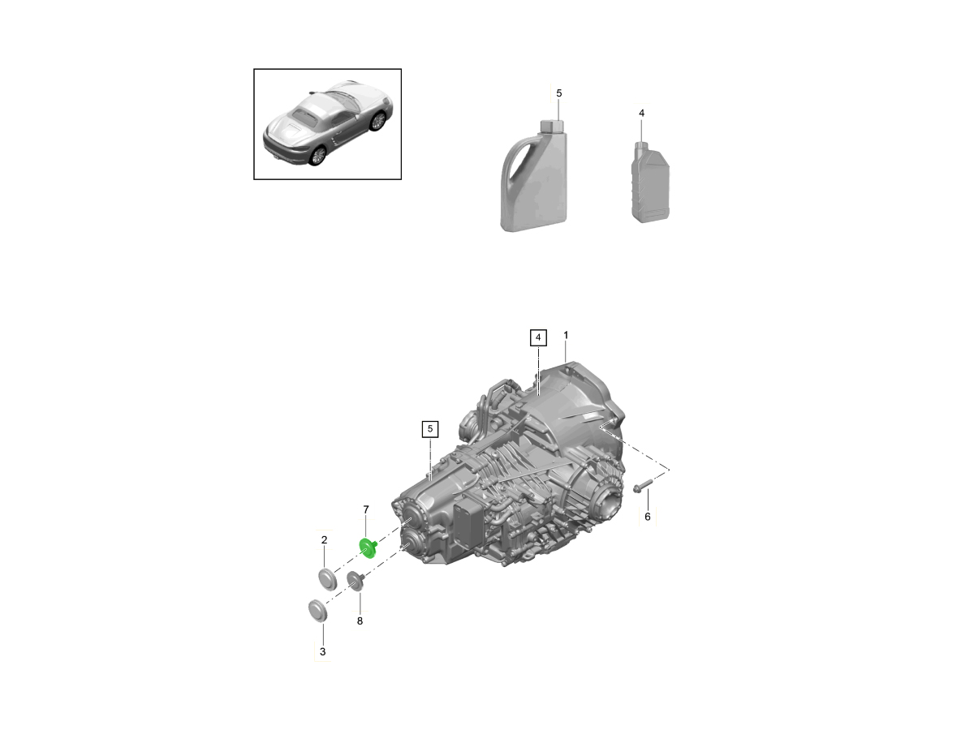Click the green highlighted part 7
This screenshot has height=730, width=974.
coord(368,548)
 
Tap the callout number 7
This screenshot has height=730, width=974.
coord(366,509)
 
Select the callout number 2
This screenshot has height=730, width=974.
coord(325,540)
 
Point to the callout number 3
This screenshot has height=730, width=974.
coord(322,651)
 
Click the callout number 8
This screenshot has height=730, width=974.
coord(360,621)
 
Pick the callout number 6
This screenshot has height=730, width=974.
coord(648,517)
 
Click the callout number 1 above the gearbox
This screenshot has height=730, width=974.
coord(566,336)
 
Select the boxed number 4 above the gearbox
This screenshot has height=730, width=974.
coord(538,337)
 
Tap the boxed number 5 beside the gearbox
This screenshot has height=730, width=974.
coord(430,429)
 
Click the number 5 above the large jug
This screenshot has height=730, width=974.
coord(559,93)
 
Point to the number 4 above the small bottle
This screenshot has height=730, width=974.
coord(642,113)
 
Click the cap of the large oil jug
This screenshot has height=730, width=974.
coord(550,126)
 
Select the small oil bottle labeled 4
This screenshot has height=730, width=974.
coord(650,182)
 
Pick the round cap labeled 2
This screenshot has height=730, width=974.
coord(328,580)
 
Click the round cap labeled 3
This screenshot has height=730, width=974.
coord(317,611)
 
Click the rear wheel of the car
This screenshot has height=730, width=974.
coord(317,156)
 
